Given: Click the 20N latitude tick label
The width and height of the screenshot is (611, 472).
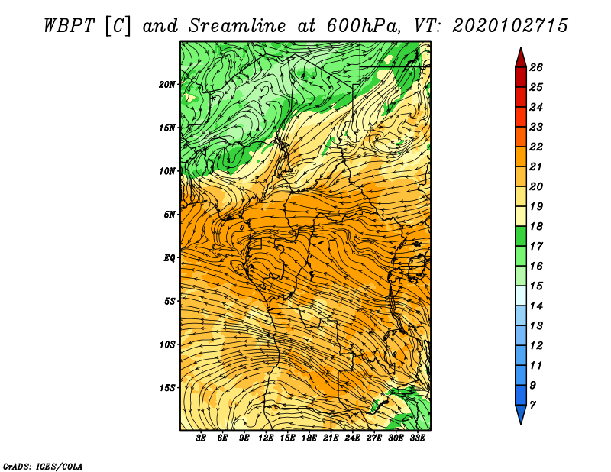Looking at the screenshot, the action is (x=167, y=84).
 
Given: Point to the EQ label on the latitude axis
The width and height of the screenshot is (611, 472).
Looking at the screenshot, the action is (x=169, y=257).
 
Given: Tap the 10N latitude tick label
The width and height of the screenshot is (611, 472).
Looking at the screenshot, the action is (x=167, y=171).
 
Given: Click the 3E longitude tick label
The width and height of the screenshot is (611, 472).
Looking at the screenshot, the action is (x=201, y=438).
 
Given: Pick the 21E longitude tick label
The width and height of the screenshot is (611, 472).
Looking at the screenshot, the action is (x=331, y=438).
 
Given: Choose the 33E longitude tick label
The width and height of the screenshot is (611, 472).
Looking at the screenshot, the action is (x=417, y=438).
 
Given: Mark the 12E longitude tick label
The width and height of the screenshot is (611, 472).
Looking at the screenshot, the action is (x=265, y=438).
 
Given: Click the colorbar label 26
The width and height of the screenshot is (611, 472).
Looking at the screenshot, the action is (x=536, y=67).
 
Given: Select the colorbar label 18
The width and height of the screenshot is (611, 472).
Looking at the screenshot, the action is (x=536, y=226).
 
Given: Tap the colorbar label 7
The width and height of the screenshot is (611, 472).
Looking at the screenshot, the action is (x=533, y=406).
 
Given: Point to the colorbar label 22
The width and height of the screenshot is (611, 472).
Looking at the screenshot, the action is (x=536, y=147).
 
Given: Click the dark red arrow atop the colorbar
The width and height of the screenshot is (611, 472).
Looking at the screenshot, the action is (x=521, y=58).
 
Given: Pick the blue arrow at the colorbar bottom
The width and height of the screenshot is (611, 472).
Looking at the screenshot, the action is (x=521, y=414).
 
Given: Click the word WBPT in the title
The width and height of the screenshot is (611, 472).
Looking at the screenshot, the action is (x=69, y=26).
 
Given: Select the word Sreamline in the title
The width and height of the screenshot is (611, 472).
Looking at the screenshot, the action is (x=238, y=26).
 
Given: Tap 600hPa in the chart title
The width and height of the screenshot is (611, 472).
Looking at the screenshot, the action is (x=364, y=26).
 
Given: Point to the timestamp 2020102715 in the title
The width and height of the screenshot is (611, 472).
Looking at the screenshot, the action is (x=510, y=26).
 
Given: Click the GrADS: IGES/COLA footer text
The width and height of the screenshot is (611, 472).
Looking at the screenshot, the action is (x=43, y=467).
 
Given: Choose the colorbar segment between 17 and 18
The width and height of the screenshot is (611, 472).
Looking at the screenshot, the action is (x=521, y=236).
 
